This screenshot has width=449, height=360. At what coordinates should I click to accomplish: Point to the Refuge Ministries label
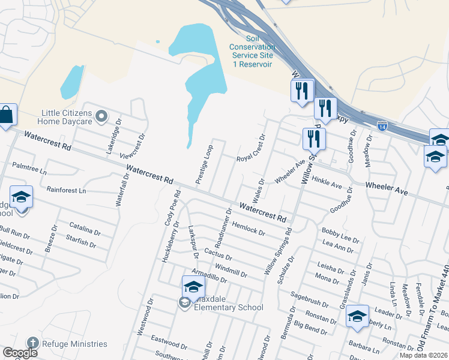[74, 344]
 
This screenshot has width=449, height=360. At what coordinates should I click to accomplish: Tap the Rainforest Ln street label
[67, 190]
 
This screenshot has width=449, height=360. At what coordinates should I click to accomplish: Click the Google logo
[20, 353]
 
